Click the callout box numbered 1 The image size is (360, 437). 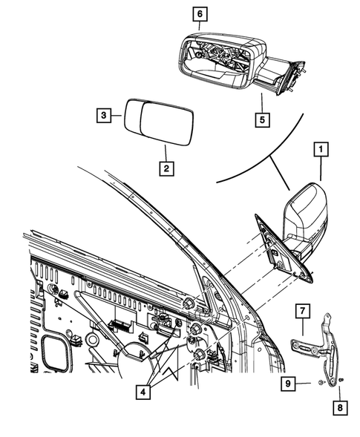[x=321, y=151]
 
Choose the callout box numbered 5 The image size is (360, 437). [x=261, y=117]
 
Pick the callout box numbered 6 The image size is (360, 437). [x=200, y=13]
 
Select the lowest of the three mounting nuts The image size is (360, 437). [x=199, y=357]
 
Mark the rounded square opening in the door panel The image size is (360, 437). [x=53, y=352]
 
